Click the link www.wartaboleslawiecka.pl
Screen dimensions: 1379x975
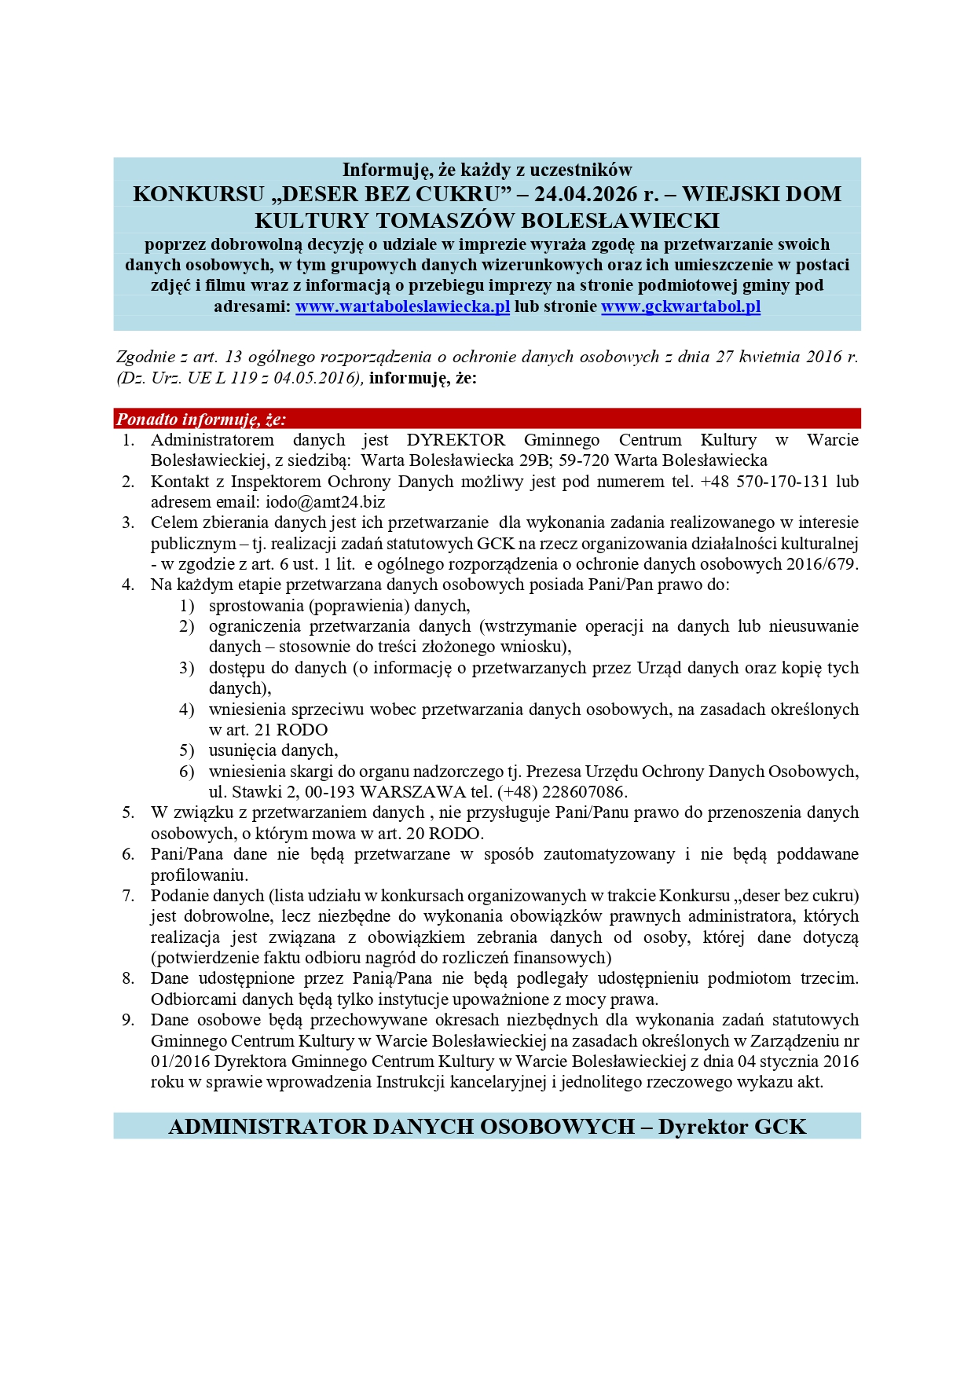pyautogui.click(x=402, y=306)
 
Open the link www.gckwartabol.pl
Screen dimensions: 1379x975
pyautogui.click(x=680, y=306)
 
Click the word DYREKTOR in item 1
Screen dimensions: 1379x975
pyautogui.click(x=456, y=440)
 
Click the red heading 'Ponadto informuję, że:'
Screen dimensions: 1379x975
pyautogui.click(x=201, y=420)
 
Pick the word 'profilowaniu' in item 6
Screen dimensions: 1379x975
pyautogui.click(x=199, y=875)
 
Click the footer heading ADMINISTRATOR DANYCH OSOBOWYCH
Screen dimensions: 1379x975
pyautogui.click(x=401, y=1127)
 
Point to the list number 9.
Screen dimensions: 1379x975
pyautogui.click(x=128, y=1020)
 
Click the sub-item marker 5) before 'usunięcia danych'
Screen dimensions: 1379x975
pyautogui.click(x=186, y=750)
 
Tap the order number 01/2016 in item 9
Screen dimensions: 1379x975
pyautogui.click(x=180, y=1062)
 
